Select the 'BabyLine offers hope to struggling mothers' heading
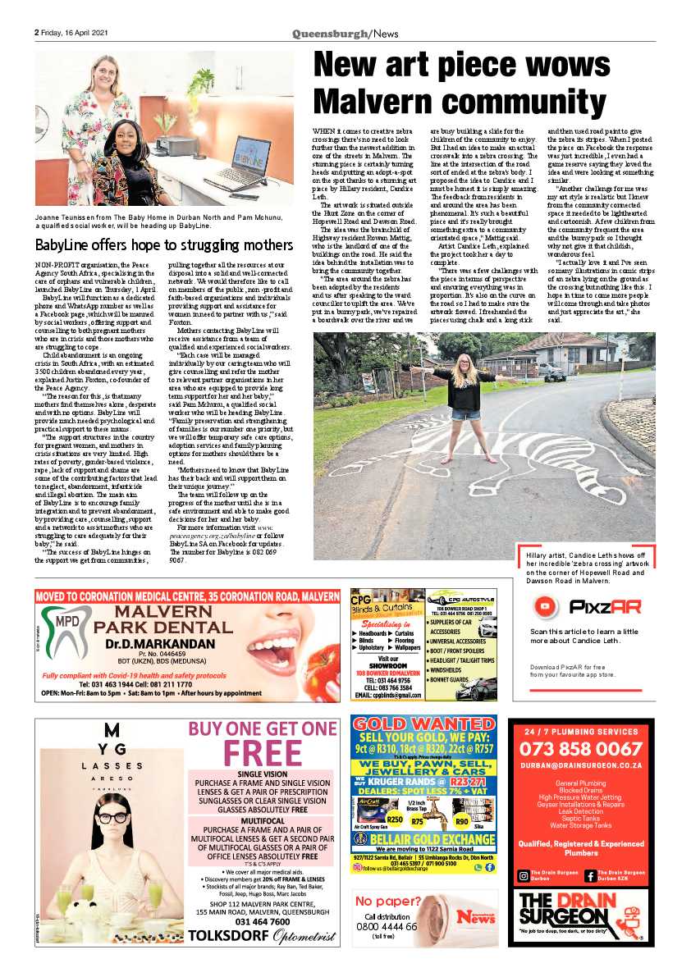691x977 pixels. tap(163, 244)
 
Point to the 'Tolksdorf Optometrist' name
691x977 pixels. tap(261, 937)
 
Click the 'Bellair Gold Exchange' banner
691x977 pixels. tap(423, 840)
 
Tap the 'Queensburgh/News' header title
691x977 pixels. tap(345, 33)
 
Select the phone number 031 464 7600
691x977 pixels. tap(261, 921)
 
